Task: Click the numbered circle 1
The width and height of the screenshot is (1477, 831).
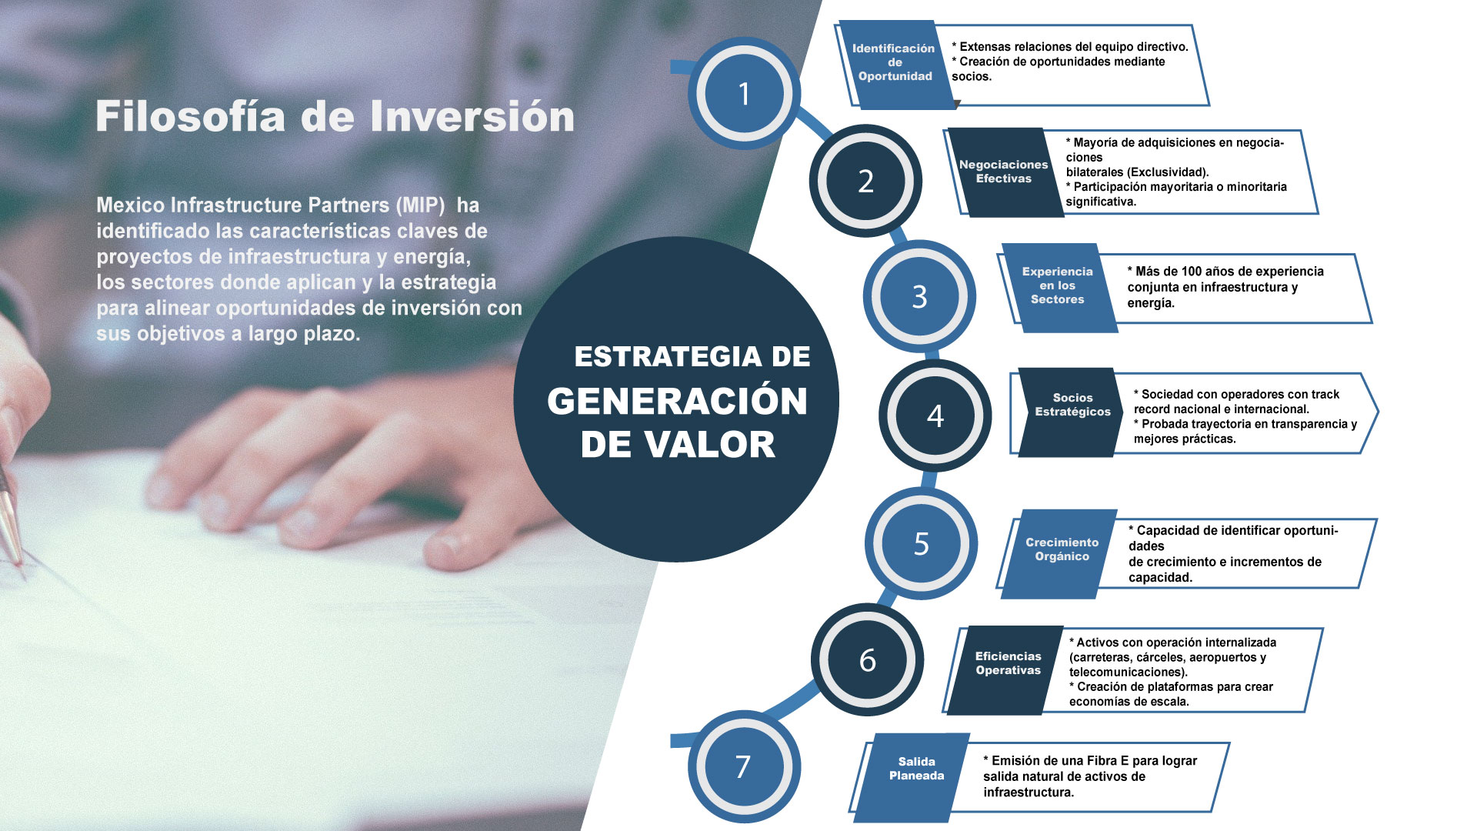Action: click(x=744, y=93)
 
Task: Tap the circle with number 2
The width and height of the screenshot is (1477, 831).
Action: click(x=865, y=181)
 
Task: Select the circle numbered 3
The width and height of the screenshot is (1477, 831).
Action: click(x=919, y=296)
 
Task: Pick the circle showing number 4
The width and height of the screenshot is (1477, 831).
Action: click(x=935, y=415)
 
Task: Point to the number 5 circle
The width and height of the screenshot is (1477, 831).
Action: click(x=921, y=543)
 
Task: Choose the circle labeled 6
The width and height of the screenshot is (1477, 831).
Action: click(x=867, y=659)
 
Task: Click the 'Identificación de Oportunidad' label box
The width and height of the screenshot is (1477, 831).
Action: click(x=895, y=64)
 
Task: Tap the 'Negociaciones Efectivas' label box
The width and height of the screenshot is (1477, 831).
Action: click(x=1005, y=172)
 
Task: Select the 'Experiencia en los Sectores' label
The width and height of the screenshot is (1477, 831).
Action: click(x=1059, y=287)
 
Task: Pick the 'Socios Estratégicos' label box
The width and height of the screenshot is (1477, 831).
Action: click(x=1072, y=412)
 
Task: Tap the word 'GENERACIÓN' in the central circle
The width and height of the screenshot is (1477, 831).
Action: click(x=678, y=402)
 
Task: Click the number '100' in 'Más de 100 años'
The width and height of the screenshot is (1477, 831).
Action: click(x=1192, y=272)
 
